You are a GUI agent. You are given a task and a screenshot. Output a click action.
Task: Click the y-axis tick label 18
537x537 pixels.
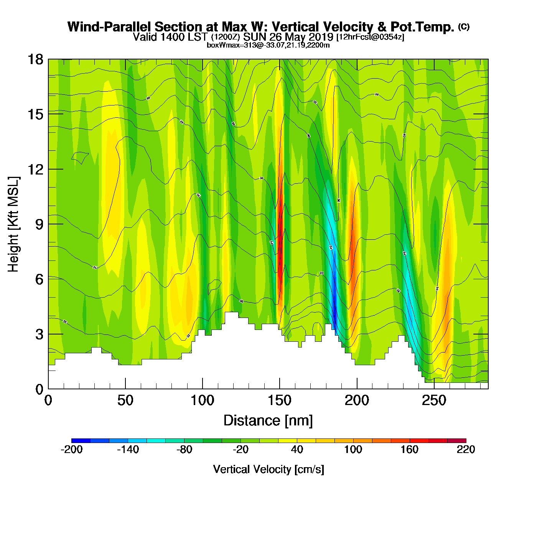tap(35, 59)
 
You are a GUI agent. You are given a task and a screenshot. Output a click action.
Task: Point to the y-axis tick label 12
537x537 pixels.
tap(35, 169)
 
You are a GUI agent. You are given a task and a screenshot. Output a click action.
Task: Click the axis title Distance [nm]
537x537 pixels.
tap(268, 420)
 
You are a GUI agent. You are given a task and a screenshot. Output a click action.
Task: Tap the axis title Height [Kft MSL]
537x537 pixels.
tap(13, 224)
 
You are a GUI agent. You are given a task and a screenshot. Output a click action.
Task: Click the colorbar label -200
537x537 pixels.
tap(72, 450)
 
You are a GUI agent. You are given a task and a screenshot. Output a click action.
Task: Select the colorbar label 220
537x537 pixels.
tap(466, 450)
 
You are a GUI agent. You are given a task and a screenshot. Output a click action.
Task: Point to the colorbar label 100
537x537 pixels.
tap(353, 450)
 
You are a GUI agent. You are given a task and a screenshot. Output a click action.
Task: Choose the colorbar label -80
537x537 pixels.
tap(184, 450)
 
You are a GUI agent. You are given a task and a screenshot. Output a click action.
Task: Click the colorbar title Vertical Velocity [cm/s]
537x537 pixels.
tap(268, 469)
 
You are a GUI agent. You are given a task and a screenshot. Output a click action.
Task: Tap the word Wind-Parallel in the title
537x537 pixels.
tap(110, 27)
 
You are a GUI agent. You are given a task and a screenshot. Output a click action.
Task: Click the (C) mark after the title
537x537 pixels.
tap(464, 26)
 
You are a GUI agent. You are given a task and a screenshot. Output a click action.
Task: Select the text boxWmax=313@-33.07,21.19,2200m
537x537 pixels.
tap(268, 45)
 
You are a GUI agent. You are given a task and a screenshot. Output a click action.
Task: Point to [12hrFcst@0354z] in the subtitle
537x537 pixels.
tap(370, 37)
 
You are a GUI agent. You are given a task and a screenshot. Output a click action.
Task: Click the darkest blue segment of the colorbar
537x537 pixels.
tap(81, 440)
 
